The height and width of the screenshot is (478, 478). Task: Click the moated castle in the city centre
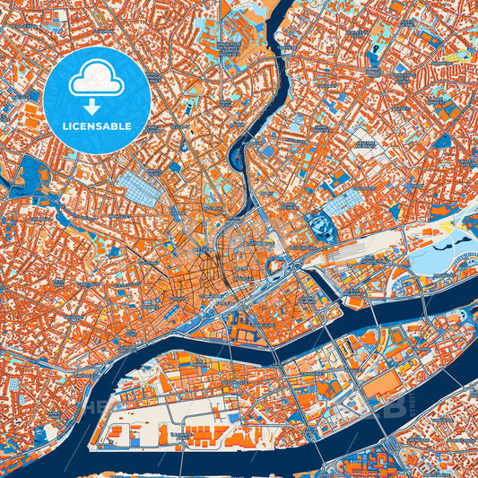pos(277,266)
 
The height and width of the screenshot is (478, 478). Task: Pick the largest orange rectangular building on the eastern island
pos(386,385)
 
